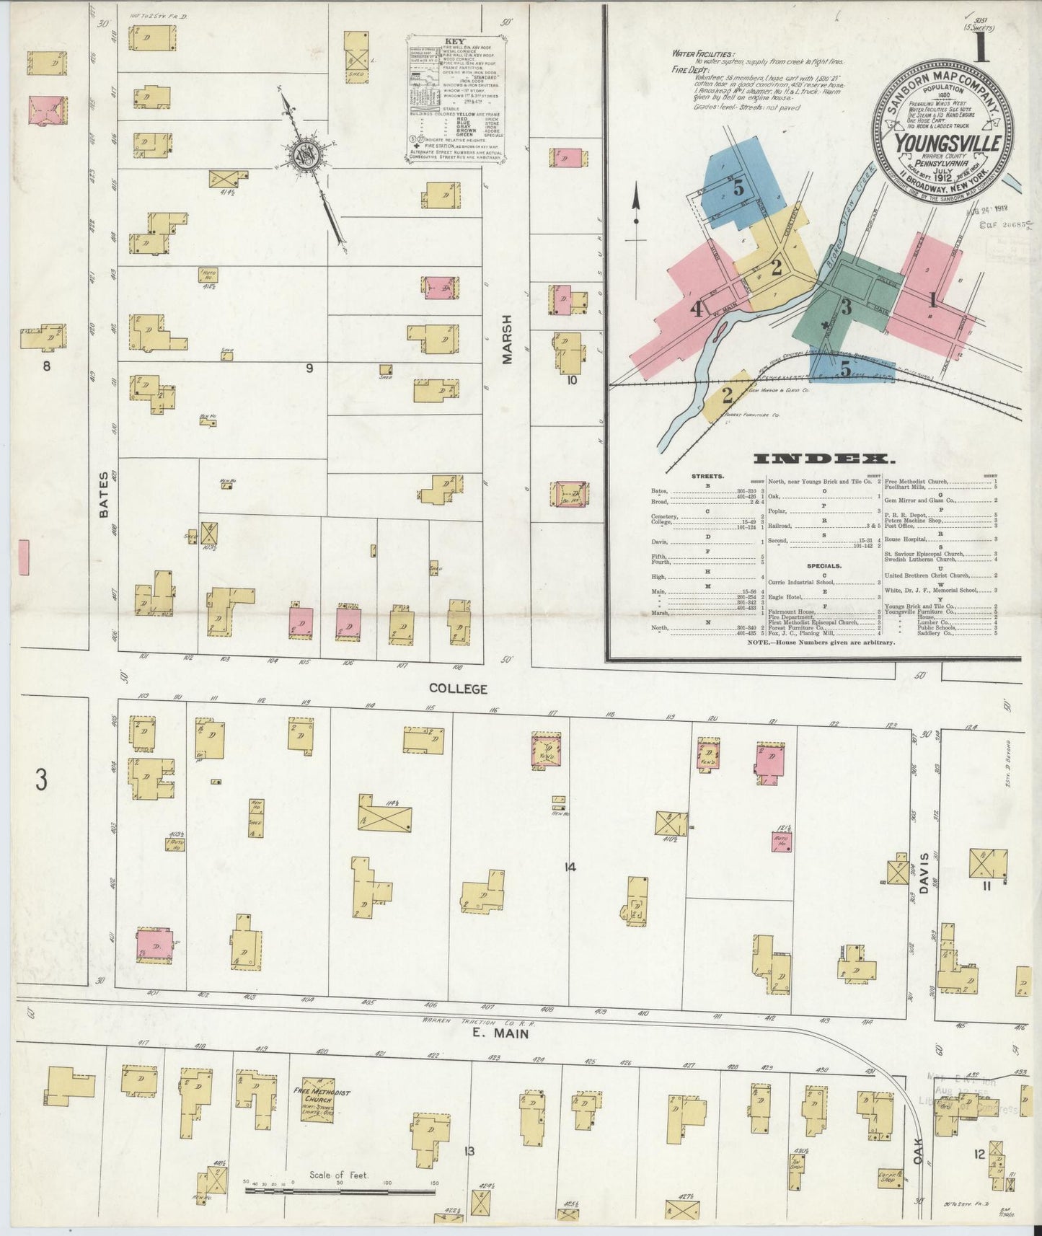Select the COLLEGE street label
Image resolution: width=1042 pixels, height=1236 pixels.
click(458, 689)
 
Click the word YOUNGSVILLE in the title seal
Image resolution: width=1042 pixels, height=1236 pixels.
click(948, 143)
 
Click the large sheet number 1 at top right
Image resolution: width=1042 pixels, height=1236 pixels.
click(980, 53)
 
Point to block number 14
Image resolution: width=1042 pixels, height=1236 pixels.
click(570, 868)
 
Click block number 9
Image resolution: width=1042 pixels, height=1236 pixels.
click(309, 368)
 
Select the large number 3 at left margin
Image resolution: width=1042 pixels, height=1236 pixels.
click(43, 780)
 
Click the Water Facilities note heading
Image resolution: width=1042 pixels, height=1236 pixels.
click(703, 53)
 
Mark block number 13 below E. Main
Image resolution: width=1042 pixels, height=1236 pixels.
click(469, 1151)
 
